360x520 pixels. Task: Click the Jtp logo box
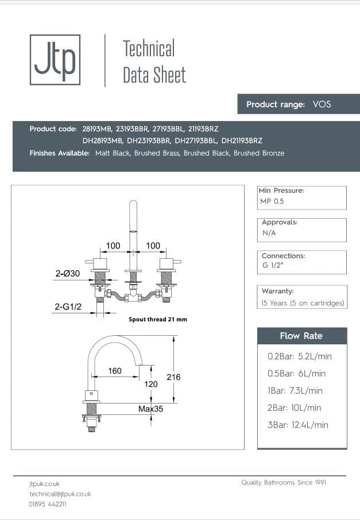click(55, 60)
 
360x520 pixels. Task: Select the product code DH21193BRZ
click(242, 141)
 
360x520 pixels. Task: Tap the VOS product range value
click(322, 104)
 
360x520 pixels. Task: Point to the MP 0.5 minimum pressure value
click(272, 201)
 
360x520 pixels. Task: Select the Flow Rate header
click(301, 336)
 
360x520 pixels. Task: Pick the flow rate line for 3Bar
click(298, 425)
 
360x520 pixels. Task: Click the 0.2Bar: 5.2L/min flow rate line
click(300, 356)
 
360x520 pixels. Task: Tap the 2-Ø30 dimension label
click(67, 274)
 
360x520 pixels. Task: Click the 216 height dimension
click(173, 377)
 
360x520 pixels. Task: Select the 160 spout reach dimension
click(115, 371)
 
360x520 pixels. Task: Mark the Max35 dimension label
click(150, 409)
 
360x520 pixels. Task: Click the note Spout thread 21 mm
click(158, 319)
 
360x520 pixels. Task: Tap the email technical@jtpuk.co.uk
click(60, 494)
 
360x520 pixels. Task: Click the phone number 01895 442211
click(48, 504)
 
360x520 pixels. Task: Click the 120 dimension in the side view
click(151, 383)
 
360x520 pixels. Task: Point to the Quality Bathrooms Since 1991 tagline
click(284, 483)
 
